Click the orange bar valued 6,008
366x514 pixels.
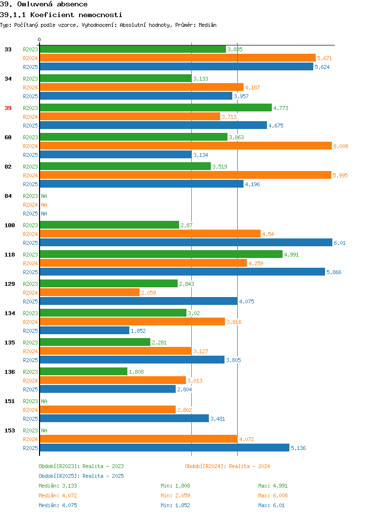click(x=185, y=146)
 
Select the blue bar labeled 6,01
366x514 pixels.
click(x=186, y=242)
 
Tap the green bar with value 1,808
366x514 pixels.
click(x=83, y=371)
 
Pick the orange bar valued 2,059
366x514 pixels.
click(x=90, y=292)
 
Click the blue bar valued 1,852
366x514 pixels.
click(x=84, y=330)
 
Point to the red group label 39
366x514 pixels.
click(x=8, y=108)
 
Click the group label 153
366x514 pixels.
click(x=9, y=430)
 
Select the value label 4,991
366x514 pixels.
click(x=291, y=255)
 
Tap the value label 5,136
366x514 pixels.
click(x=298, y=448)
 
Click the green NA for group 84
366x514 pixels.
click(x=44, y=196)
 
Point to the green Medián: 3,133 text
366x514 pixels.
click(x=58, y=486)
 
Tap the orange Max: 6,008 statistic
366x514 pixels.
click(x=273, y=495)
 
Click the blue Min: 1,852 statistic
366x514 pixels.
click(x=175, y=506)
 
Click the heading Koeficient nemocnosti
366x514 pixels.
click(x=76, y=15)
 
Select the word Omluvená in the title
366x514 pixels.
click(x=34, y=4)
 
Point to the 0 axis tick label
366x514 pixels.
click(x=40, y=40)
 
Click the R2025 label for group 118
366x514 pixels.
click(x=30, y=272)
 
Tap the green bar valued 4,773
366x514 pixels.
click(x=156, y=107)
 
